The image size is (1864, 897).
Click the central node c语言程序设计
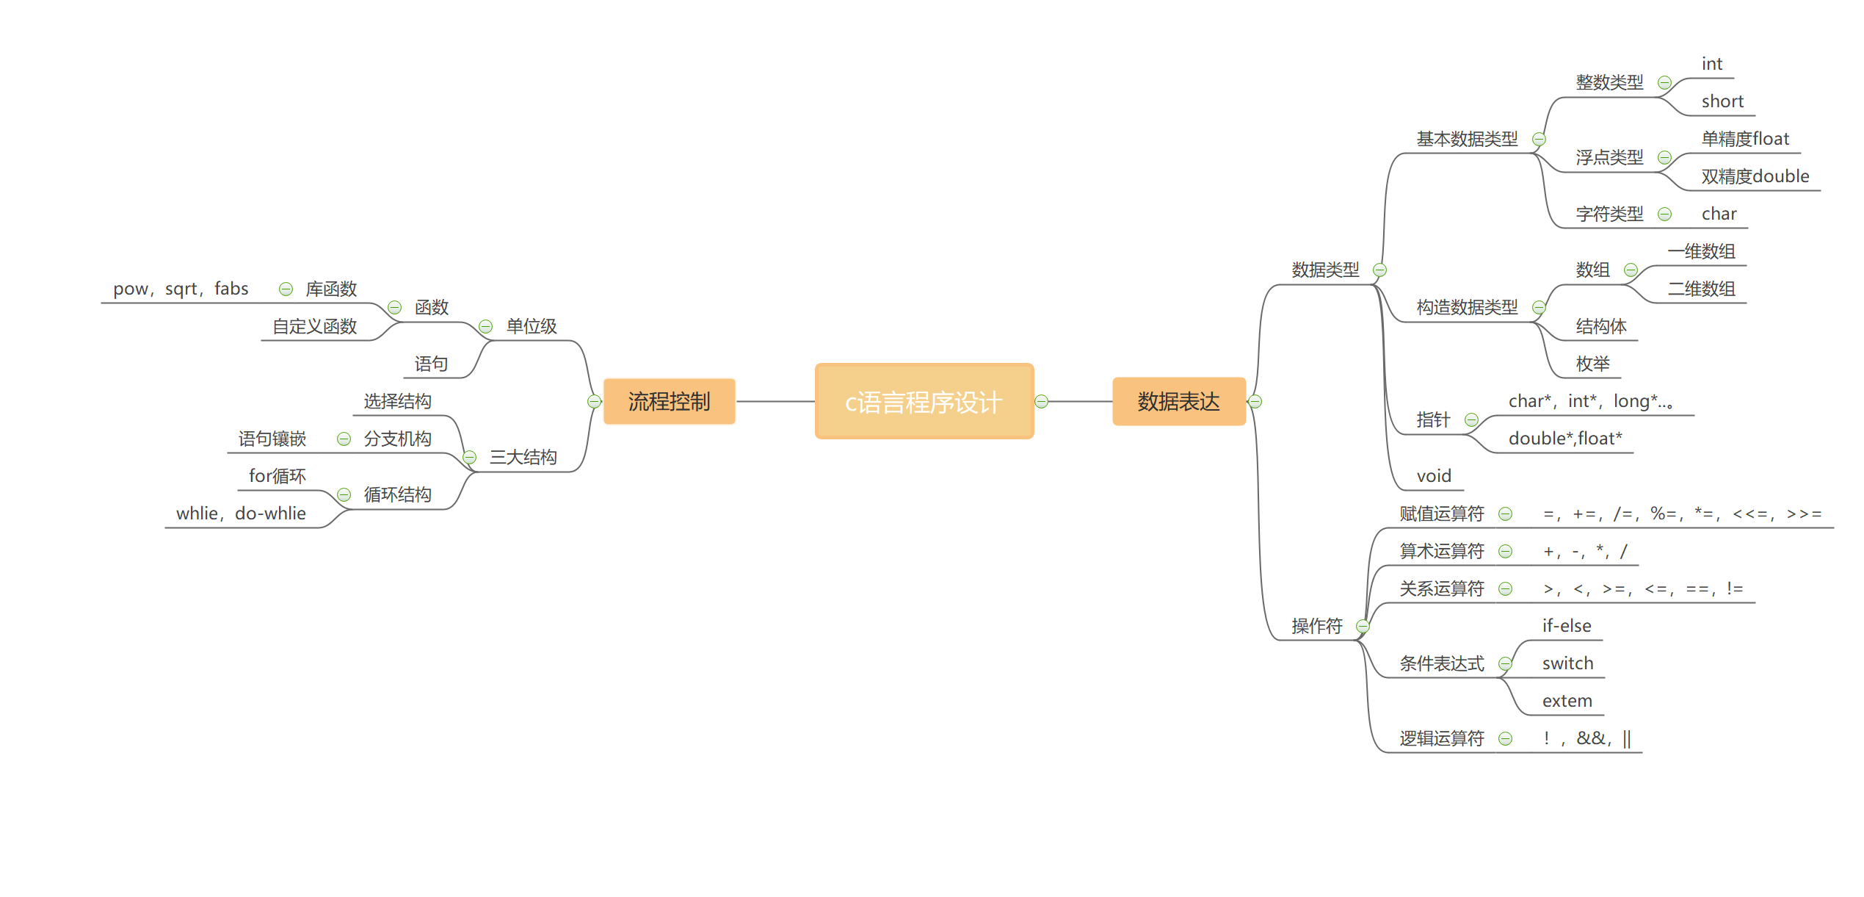(924, 401)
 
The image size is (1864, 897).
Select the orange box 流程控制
(669, 401)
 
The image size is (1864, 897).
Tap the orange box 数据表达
(1178, 401)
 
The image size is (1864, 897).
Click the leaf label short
(1722, 101)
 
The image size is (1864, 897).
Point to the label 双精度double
(1755, 176)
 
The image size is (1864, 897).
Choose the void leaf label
(1433, 476)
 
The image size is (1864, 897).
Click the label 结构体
(1600, 326)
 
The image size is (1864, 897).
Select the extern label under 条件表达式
(1567, 701)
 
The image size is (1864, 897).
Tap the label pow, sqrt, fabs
(181, 289)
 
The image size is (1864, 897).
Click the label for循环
(277, 476)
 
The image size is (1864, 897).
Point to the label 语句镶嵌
(272, 439)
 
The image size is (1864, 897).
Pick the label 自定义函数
(314, 326)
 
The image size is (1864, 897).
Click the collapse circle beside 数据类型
(1379, 270)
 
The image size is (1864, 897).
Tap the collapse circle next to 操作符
(1363, 626)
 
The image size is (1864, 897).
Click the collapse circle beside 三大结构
(470, 457)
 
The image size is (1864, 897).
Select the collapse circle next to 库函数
(286, 289)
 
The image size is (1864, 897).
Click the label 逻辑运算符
(1441, 738)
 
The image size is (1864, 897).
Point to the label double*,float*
(1564, 439)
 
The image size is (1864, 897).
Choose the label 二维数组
(1701, 289)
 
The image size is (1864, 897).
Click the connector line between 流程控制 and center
(775, 401)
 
